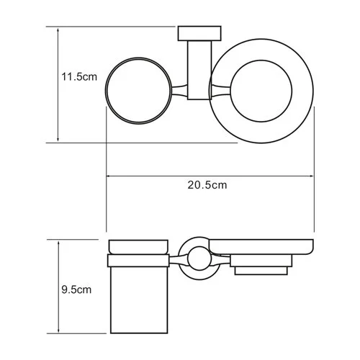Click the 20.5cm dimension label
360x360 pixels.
(x=207, y=185)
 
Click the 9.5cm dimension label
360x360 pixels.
(x=77, y=290)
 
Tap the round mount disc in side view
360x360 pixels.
(x=196, y=256)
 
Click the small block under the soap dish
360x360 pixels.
(x=262, y=270)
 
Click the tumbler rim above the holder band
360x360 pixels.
(x=138, y=246)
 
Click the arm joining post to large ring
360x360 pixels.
(x=218, y=91)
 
